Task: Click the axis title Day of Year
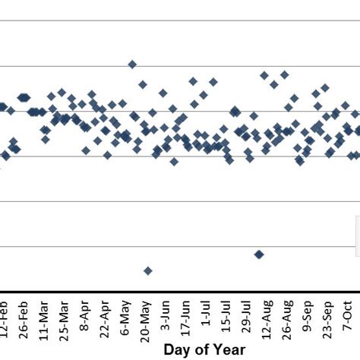[204, 349]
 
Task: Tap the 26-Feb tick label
[24, 317]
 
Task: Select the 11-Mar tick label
[45, 317]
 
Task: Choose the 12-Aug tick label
[267, 317]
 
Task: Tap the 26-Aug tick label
[288, 317]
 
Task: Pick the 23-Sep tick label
[328, 317]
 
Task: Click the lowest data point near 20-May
[148, 270]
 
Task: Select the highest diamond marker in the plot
[132, 65]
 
